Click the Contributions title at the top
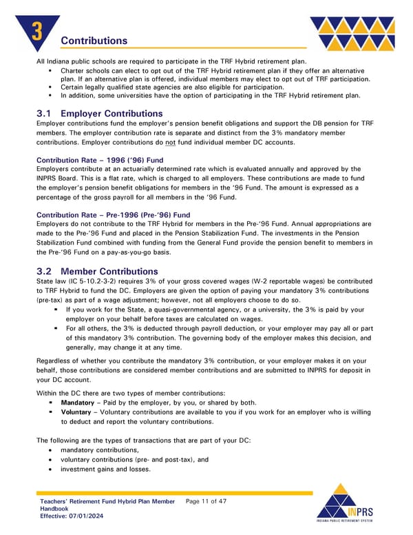click(x=94, y=41)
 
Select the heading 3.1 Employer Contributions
click(x=99, y=113)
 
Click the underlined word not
click(x=169, y=142)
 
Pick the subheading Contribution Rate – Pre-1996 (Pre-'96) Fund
click(x=113, y=215)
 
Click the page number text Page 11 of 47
click(x=206, y=501)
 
